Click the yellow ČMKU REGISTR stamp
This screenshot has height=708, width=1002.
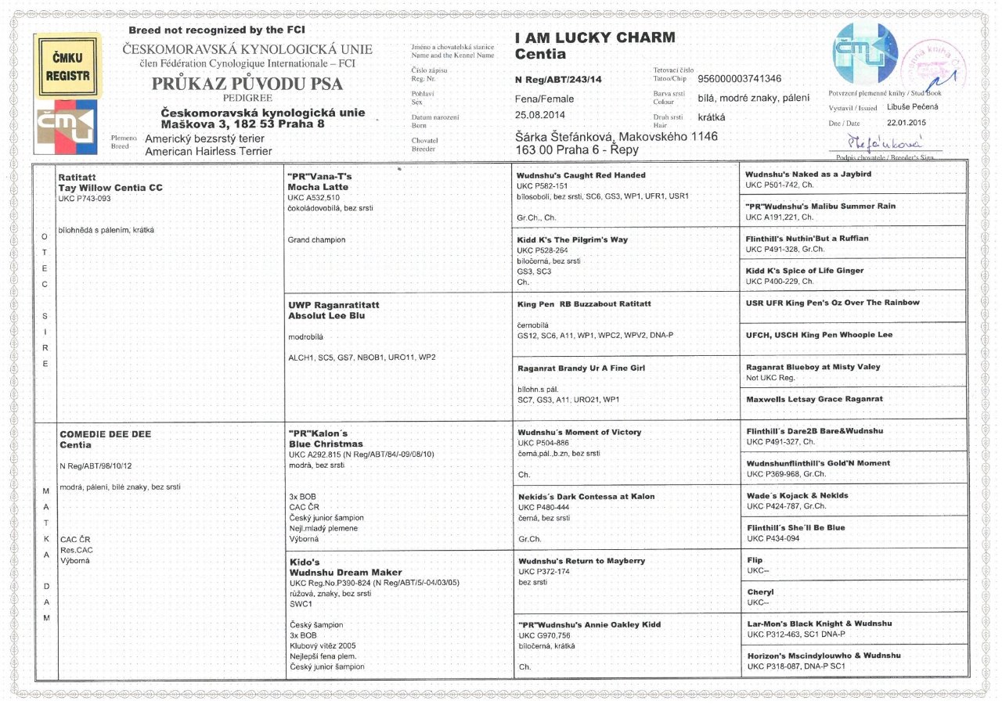click(68, 66)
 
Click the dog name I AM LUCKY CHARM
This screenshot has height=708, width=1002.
click(595, 38)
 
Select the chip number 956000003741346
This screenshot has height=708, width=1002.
click(739, 79)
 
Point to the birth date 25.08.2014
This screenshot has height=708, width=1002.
click(542, 114)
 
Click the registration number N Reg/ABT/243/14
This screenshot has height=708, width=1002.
click(558, 79)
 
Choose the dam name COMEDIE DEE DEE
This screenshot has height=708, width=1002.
click(106, 434)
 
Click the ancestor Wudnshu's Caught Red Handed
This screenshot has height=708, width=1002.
click(582, 175)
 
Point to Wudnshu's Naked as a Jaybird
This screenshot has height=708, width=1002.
click(808, 174)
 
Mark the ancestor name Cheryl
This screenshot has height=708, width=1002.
click(760, 592)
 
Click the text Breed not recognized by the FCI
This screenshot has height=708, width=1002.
click(207, 30)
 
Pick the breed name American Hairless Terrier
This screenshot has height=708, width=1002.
click(208, 151)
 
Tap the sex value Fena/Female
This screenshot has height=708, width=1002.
click(544, 99)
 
